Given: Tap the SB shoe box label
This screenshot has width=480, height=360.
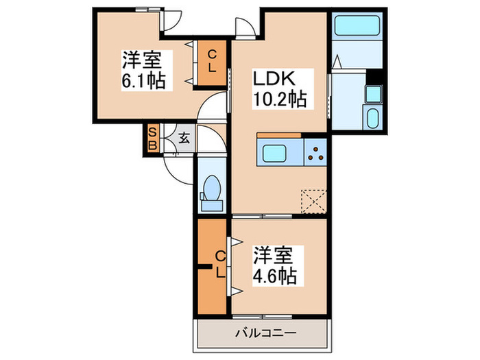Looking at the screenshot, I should pyautogui.click(x=153, y=139).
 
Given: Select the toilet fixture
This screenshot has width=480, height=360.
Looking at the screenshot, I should pyautogui.click(x=211, y=191).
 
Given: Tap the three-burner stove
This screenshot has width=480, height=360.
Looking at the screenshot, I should pyautogui.click(x=315, y=153).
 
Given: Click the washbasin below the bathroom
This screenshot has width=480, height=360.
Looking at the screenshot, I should pyautogui.click(x=374, y=117).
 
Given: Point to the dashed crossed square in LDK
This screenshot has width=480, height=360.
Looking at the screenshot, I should pyautogui.click(x=313, y=202).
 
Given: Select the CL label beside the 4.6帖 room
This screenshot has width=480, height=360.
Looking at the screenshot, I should pyautogui.click(x=220, y=264).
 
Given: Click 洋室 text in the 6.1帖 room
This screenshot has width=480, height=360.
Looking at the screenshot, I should pyautogui.click(x=143, y=59).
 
